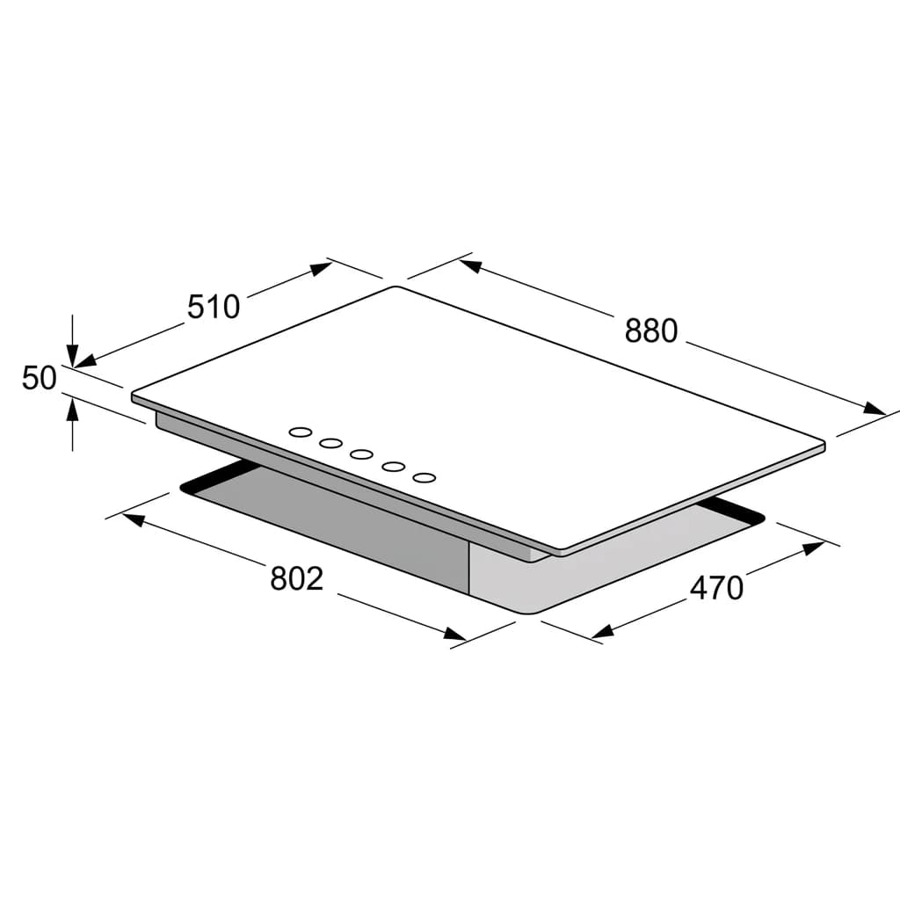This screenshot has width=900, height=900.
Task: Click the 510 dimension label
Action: click(214, 307)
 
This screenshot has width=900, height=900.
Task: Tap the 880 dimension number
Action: click(651, 331)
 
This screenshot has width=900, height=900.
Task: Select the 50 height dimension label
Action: click(39, 378)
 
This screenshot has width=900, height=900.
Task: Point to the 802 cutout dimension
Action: click(297, 578)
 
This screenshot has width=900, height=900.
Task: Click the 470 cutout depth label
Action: click(716, 588)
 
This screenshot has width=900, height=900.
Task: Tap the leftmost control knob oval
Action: click(301, 432)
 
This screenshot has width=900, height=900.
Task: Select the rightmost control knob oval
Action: click(425, 477)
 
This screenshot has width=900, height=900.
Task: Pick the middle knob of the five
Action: click(362, 454)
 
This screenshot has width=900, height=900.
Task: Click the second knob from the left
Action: click(331, 443)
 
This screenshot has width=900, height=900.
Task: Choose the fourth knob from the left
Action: click(393, 466)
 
